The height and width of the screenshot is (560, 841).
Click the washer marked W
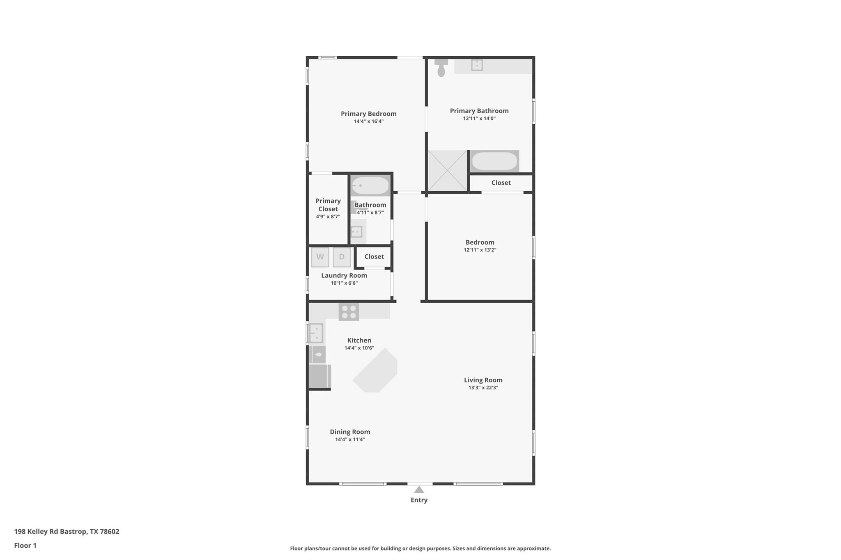tap(320, 257)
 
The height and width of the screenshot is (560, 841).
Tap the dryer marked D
tap(342, 257)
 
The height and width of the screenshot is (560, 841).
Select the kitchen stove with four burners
tap(349, 312)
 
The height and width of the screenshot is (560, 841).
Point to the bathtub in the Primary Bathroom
tap(494, 161)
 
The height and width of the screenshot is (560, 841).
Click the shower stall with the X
tap(447, 171)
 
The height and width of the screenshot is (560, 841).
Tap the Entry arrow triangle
tap(419, 489)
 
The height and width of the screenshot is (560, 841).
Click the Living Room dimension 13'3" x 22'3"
tap(483, 388)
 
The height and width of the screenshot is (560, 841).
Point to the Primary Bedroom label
tap(368, 114)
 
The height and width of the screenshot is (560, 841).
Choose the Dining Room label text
tap(350, 432)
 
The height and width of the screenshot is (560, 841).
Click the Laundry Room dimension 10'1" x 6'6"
tap(344, 283)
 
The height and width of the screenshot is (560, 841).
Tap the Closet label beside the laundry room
tap(374, 256)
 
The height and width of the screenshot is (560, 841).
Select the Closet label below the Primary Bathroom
tap(501, 183)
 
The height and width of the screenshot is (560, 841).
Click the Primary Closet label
tap(328, 205)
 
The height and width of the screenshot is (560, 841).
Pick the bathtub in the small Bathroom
tap(370, 186)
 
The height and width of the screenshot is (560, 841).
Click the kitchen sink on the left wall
tap(316, 333)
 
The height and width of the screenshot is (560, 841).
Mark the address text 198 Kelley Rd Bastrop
tap(67, 531)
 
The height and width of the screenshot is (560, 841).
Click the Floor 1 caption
tap(25, 545)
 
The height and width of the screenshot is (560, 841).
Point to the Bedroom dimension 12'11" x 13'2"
tap(480, 250)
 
